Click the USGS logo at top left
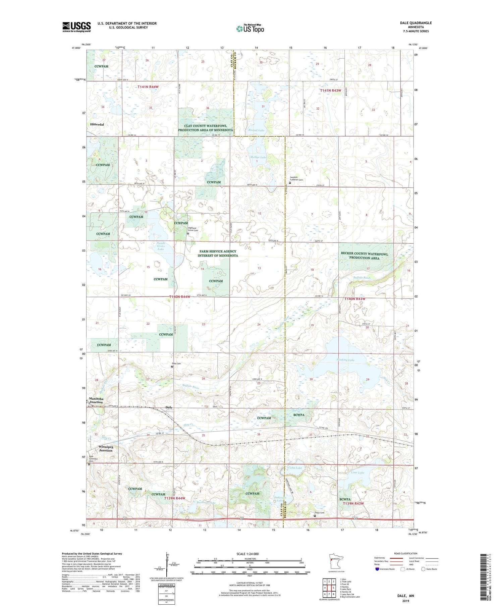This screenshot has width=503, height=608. [76, 27]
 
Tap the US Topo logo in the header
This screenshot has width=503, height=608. [250, 29]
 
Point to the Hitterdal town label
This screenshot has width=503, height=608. [97, 124]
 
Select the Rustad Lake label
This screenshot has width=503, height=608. [256, 130]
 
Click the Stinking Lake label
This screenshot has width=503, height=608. [345, 360]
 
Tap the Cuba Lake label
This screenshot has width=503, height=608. [295, 467]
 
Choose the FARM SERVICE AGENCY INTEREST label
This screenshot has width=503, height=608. [218, 253]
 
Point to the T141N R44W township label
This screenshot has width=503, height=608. [148, 87]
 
